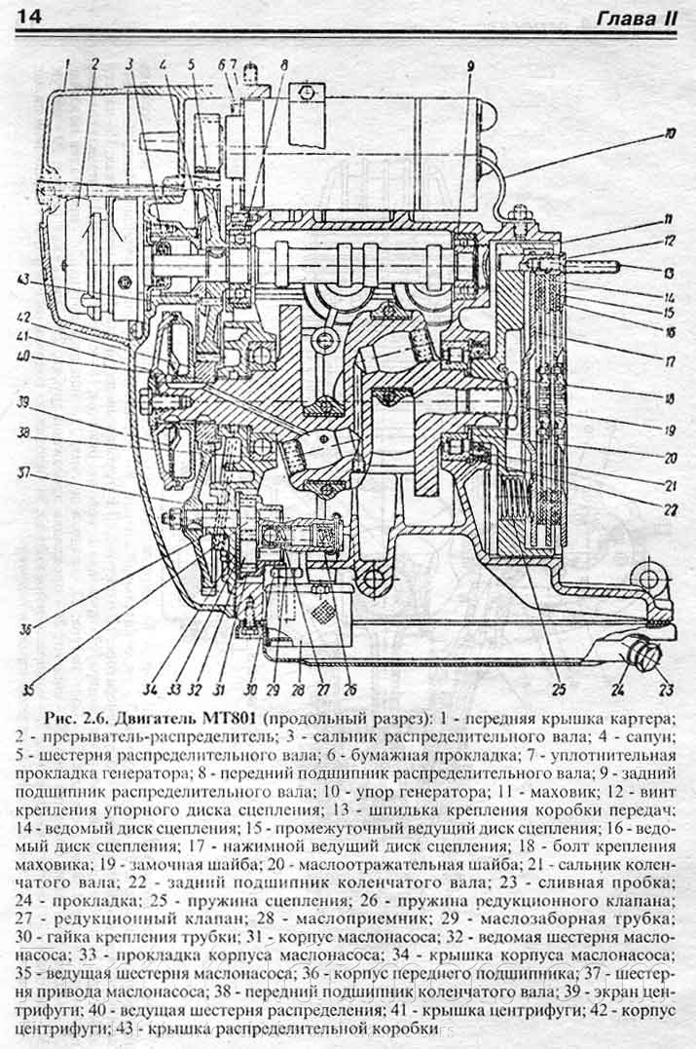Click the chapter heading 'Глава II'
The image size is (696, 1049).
coord(638,17)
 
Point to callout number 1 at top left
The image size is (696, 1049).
coord(65,64)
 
